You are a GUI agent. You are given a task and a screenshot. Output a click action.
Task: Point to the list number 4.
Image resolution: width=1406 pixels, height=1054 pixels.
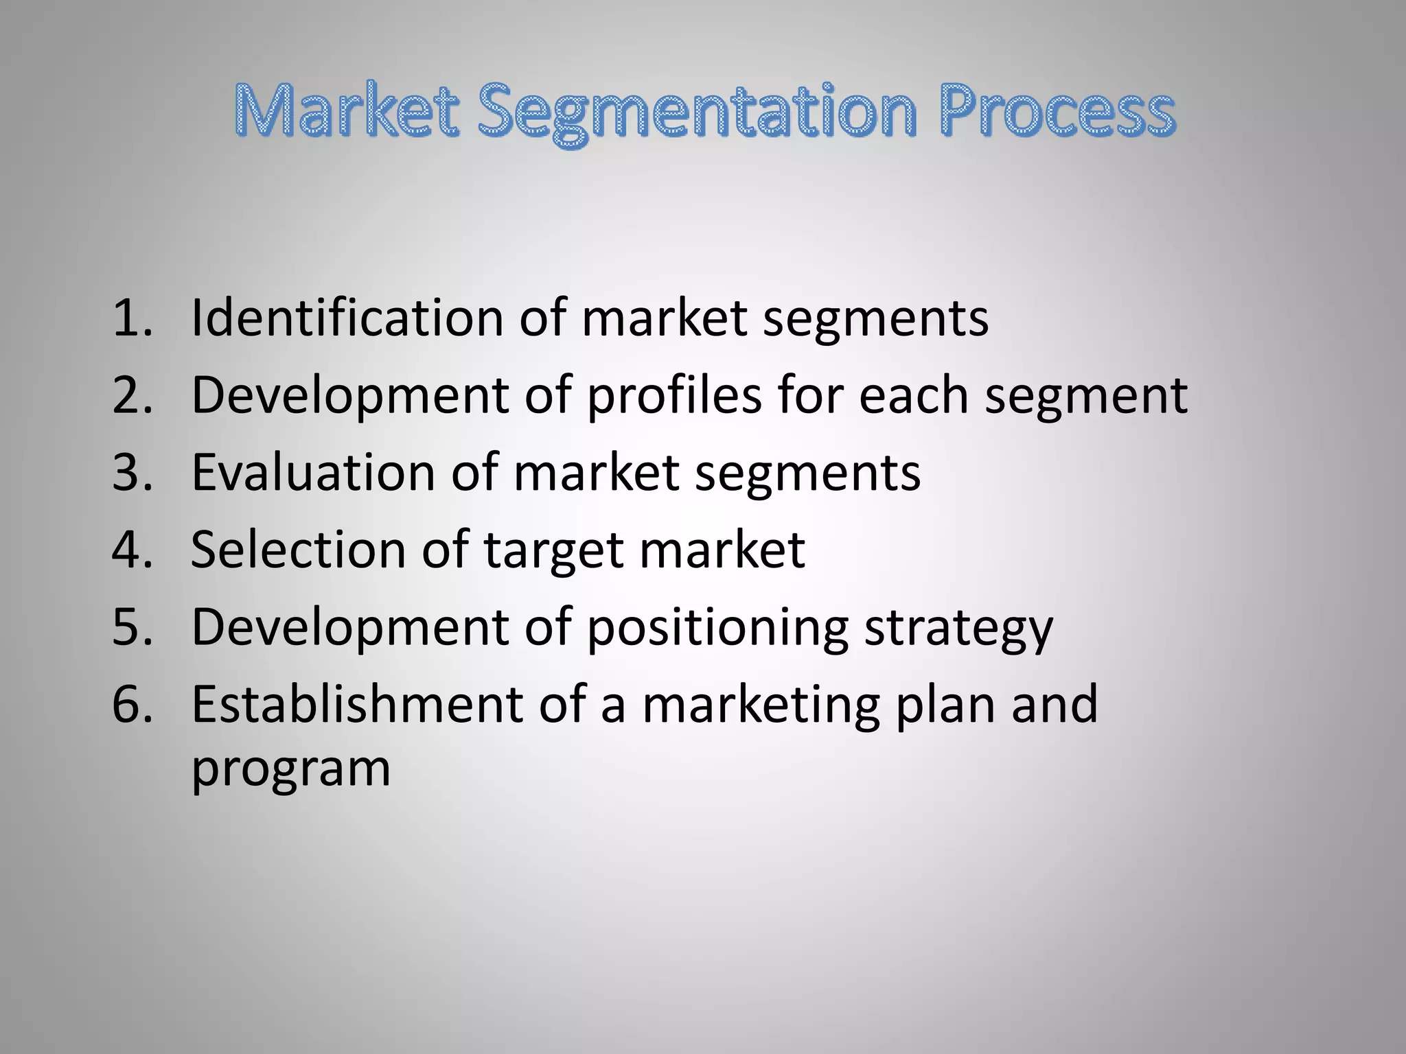point(130,550)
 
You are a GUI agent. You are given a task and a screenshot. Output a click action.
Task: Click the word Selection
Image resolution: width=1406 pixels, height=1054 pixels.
point(298,550)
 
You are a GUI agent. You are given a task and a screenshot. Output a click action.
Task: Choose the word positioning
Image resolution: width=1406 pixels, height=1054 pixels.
point(717,629)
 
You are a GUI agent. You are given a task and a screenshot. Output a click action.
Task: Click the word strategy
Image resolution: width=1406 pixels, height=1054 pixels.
point(958,629)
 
